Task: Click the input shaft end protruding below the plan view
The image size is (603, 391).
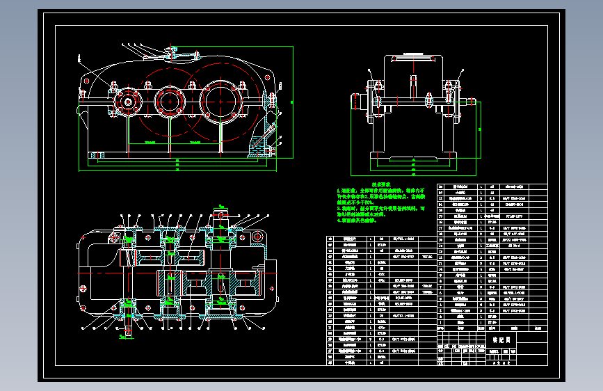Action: (129, 330)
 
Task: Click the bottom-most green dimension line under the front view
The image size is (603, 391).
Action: (177, 167)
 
